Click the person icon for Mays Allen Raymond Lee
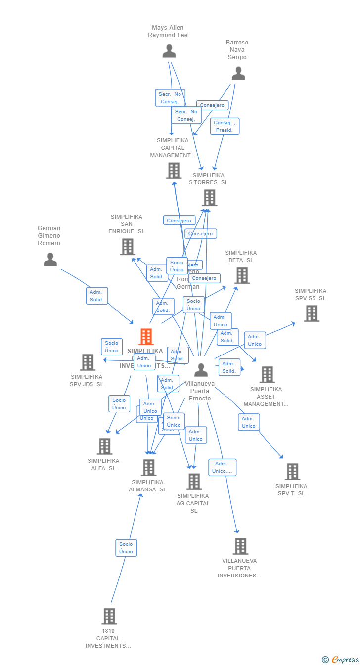click(169, 51)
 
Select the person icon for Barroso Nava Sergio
click(238, 74)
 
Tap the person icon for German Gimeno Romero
click(50, 259)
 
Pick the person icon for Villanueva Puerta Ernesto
click(201, 370)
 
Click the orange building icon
click(146, 337)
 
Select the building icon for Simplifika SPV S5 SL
click(311, 313)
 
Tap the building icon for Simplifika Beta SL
click(242, 275)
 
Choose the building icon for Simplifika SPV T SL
click(292, 472)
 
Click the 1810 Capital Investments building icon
click(109, 616)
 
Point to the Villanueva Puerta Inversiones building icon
click(240, 546)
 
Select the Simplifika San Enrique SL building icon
click(128, 246)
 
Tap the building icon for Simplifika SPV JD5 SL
click(88, 362)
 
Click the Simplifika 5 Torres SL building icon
click(210, 198)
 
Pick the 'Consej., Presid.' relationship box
click(225, 126)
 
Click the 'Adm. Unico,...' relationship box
click(222, 467)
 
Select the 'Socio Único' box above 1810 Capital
click(126, 548)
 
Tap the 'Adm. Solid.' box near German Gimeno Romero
click(96, 296)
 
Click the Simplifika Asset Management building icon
click(267, 375)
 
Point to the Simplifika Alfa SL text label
click(103, 465)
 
